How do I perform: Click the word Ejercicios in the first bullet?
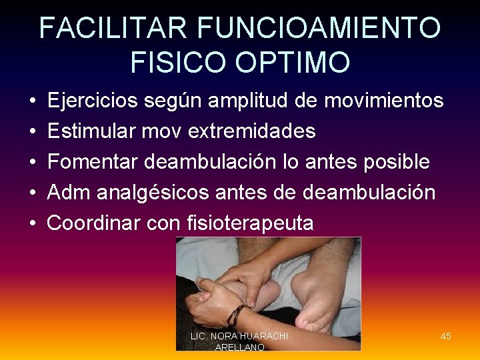tap(93, 101)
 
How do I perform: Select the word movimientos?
tap(383, 101)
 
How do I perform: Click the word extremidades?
tap(252, 131)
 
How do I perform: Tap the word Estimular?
tap(91, 131)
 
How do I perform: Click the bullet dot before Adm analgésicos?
tap(33, 193)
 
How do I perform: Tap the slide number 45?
tap(445, 336)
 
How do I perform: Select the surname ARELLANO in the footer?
tap(240, 347)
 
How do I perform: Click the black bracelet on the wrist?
tap(235, 313)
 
